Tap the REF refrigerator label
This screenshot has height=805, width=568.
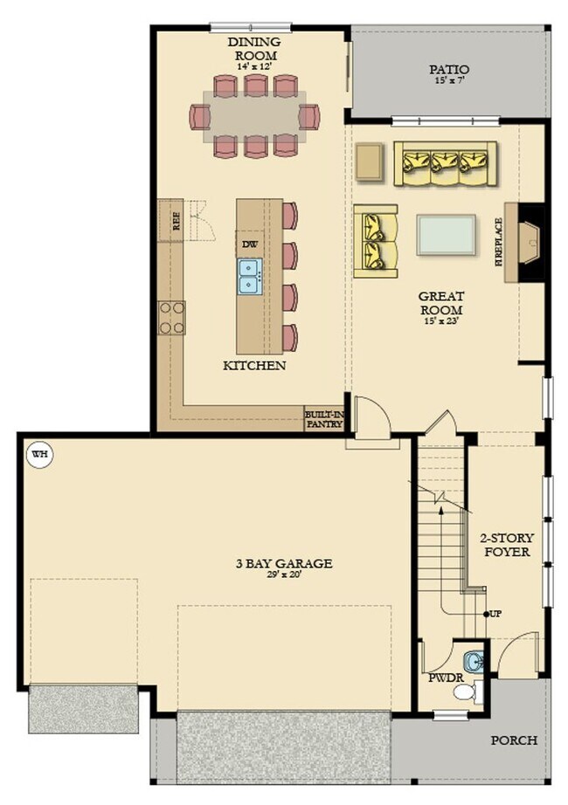(x=176, y=223)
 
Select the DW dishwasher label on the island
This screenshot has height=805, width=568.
(x=250, y=244)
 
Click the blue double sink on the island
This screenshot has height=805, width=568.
(x=250, y=276)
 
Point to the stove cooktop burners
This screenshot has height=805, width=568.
(x=171, y=318)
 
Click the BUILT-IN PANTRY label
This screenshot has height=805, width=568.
(x=322, y=419)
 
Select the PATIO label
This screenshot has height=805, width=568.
(x=449, y=69)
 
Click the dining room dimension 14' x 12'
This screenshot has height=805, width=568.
(x=253, y=66)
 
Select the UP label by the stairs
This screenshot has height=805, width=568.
(x=495, y=614)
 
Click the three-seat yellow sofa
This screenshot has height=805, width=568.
(x=445, y=162)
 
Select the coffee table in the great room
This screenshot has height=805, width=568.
(x=447, y=234)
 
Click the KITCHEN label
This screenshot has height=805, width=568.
(x=254, y=365)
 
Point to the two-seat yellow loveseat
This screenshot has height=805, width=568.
(x=376, y=242)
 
